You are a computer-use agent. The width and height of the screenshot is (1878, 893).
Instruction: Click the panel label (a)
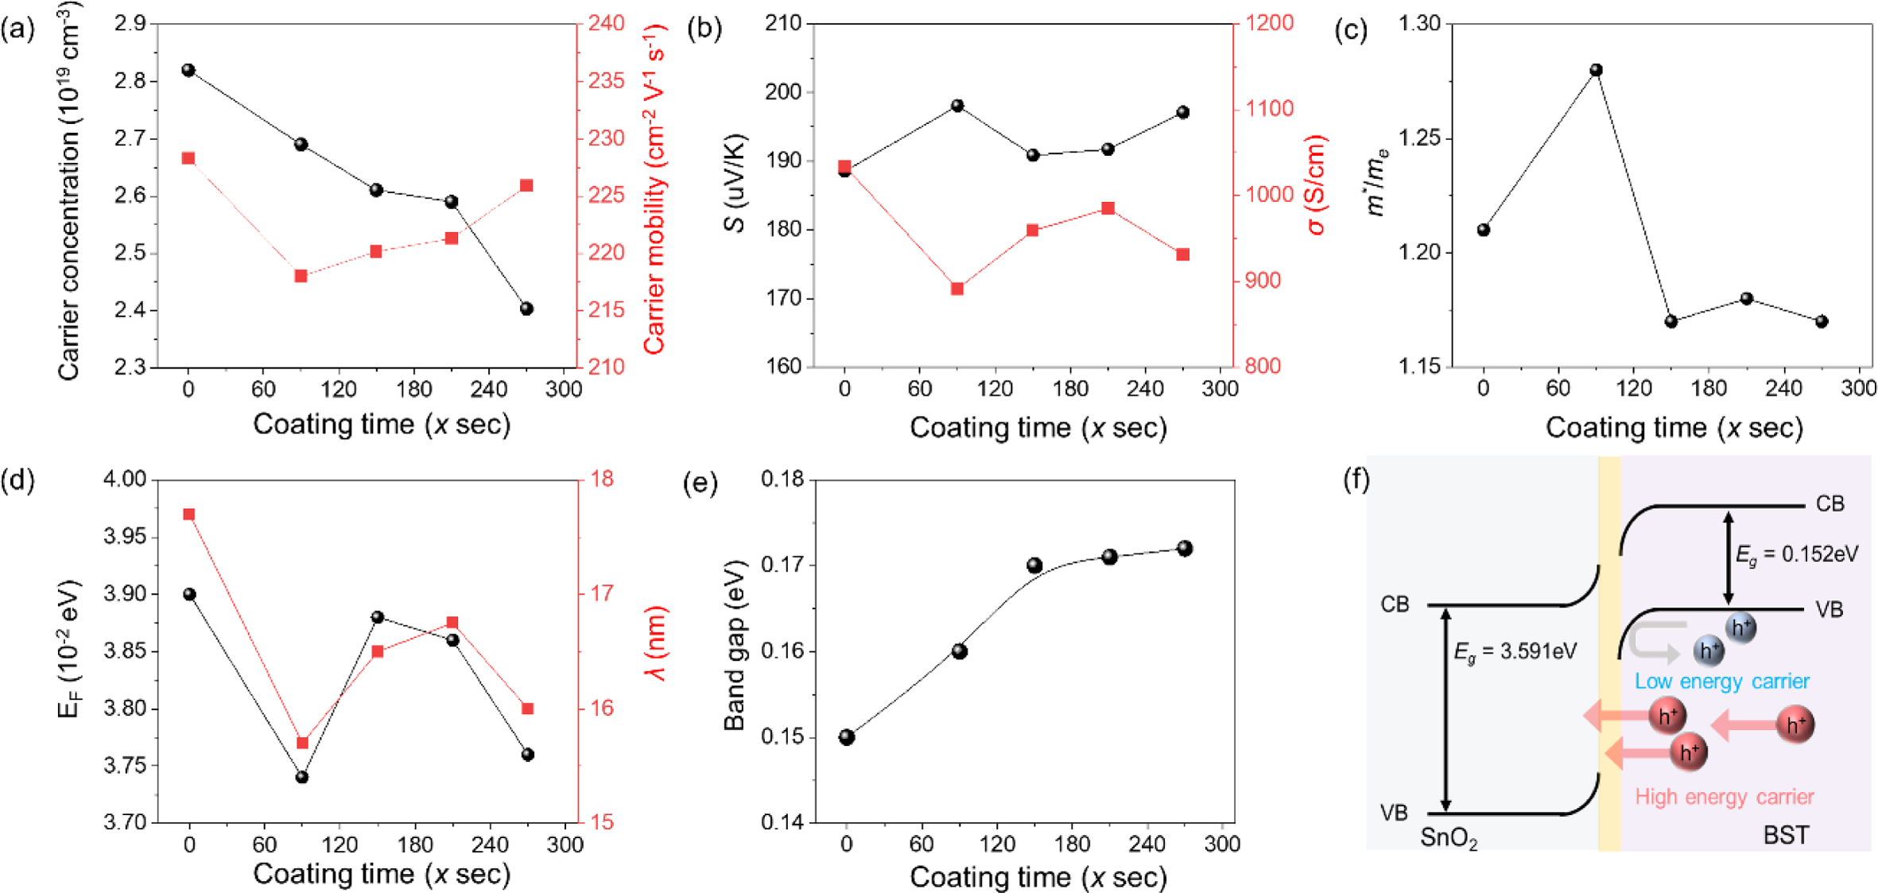17,30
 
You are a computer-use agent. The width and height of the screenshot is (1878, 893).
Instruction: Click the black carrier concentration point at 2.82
188,70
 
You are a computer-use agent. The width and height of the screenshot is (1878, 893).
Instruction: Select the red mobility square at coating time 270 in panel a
526,185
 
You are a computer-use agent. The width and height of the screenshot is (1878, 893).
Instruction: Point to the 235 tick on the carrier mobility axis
607,81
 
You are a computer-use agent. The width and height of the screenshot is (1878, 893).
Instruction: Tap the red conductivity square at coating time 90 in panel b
957,289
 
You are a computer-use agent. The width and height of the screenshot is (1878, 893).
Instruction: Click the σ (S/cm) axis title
1317,185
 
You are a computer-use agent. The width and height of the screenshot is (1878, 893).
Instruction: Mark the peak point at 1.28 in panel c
1596,70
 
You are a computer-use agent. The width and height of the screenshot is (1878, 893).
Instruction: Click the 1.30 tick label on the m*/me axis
1419,24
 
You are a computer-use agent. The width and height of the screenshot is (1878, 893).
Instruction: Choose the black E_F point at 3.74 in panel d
302,777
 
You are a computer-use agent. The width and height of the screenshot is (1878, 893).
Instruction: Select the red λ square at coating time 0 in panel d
189,514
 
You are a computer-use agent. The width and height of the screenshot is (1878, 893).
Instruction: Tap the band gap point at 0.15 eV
847,737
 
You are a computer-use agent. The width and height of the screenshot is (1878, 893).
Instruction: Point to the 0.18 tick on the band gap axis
782,480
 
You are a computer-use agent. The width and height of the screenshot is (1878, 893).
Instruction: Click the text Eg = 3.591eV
1515,652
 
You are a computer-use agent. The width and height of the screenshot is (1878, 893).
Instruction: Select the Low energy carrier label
1721,681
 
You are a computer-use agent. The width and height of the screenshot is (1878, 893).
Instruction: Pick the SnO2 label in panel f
1449,838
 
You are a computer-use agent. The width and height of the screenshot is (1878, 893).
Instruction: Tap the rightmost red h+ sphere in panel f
1795,725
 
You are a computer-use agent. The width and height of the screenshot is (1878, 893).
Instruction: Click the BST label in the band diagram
1786,835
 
